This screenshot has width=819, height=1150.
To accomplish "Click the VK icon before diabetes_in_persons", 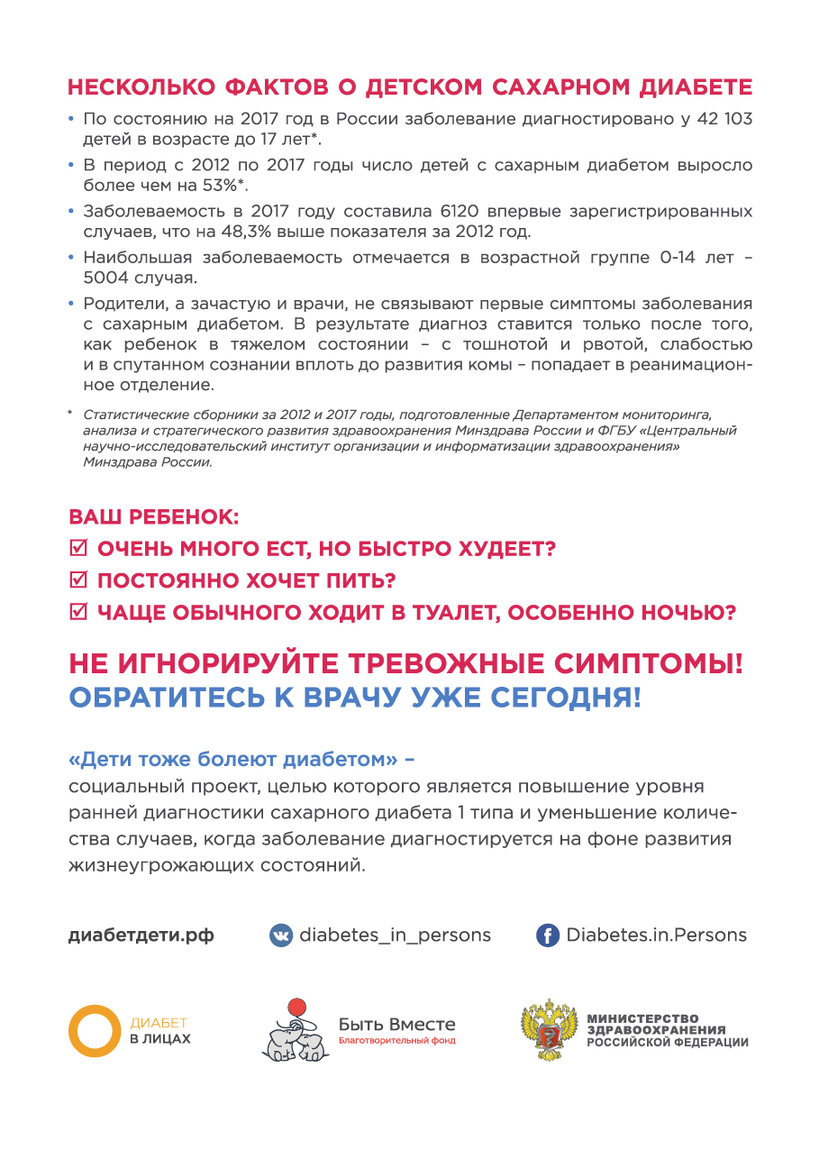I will [x=281, y=936].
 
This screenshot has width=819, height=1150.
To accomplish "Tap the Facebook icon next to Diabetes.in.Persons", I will [x=547, y=936].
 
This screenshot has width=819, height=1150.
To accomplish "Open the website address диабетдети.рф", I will [x=141, y=936].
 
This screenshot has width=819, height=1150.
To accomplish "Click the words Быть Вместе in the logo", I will [x=396, y=1025].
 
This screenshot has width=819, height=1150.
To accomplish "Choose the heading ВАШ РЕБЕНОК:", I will [x=154, y=517].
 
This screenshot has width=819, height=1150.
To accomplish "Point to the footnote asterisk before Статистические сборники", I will [x=70, y=415].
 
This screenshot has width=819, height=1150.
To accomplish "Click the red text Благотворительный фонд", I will [x=396, y=1041].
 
